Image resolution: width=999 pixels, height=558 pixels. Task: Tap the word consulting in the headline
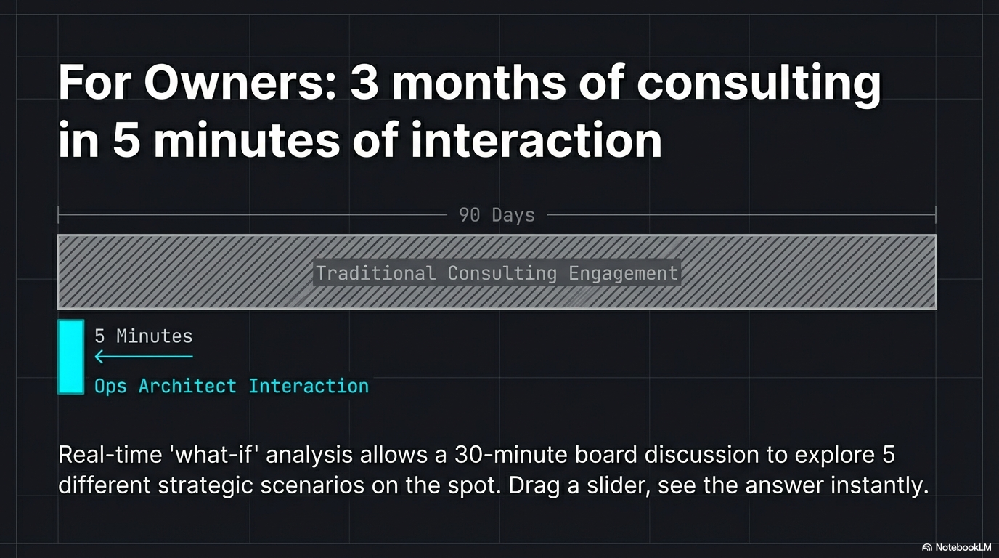tap(759, 83)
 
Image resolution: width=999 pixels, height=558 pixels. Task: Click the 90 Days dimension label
tap(497, 215)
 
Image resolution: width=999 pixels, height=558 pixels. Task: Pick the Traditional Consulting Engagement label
tap(497, 273)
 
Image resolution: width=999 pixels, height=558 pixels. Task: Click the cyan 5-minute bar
tap(71, 357)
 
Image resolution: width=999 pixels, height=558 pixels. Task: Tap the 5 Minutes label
tap(144, 336)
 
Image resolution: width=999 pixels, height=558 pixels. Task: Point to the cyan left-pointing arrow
tap(143, 357)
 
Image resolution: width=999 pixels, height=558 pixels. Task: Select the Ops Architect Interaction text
tap(232, 386)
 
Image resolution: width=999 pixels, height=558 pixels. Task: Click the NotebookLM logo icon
tap(927, 547)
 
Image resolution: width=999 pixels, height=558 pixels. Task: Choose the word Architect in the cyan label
tap(187, 386)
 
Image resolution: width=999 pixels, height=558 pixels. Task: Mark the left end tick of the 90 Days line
tap(59, 215)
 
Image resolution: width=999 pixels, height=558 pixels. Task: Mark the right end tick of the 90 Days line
tap(935, 215)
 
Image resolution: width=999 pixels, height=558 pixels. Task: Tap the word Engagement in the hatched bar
tap(623, 273)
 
